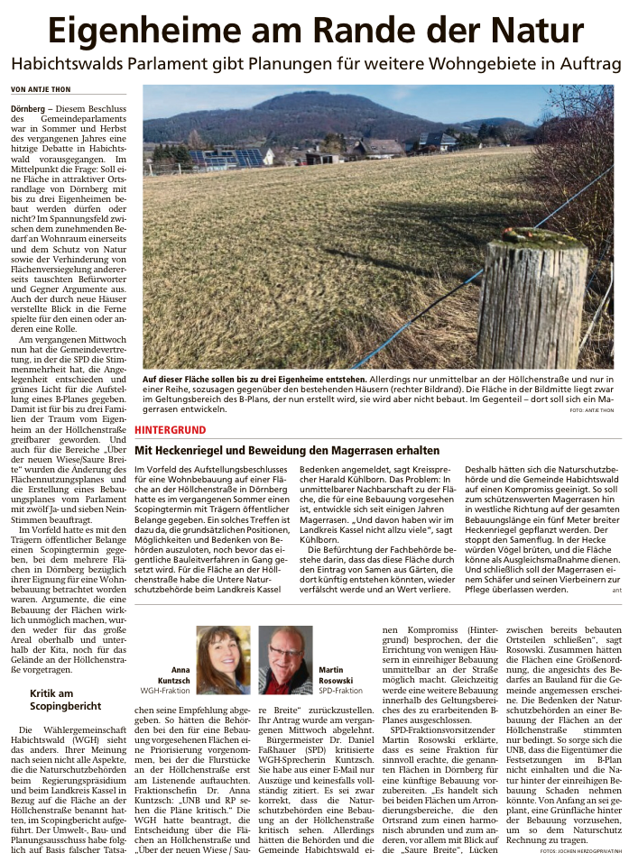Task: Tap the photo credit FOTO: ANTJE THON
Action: [592, 410]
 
